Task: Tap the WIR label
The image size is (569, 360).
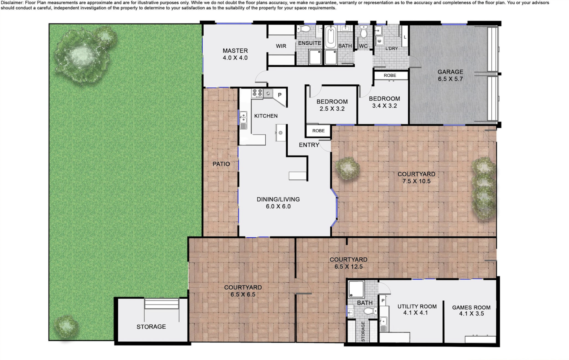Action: click(x=281, y=46)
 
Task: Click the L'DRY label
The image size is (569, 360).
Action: click(x=391, y=48)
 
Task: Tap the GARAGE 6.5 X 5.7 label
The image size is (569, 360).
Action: click(x=450, y=75)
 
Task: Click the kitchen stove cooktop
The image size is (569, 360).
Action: click(x=257, y=93)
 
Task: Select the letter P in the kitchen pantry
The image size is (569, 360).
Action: click(x=279, y=95)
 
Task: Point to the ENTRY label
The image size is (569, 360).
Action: click(x=309, y=145)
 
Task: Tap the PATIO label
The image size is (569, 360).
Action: click(x=221, y=164)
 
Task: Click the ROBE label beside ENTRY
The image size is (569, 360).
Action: click(x=318, y=131)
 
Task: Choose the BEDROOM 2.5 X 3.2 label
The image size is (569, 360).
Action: click(x=332, y=105)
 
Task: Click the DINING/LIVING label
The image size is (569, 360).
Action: click(x=278, y=199)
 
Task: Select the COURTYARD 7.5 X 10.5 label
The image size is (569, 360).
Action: click(x=416, y=177)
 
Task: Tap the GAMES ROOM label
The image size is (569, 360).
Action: click(x=471, y=308)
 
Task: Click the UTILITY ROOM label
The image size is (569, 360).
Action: click(x=417, y=306)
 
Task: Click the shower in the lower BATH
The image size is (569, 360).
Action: click(x=356, y=289)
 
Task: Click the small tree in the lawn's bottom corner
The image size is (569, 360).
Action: click(x=66, y=327)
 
